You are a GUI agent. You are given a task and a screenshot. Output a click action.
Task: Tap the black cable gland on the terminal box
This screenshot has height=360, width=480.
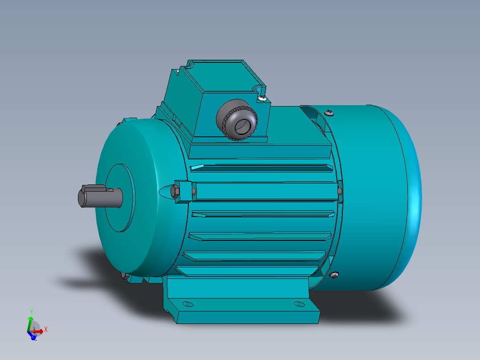(x=237, y=119)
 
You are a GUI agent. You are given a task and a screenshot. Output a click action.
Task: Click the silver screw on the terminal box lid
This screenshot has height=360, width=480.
(x=262, y=97)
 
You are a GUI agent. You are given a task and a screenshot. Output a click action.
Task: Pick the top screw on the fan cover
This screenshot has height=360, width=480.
(x=329, y=113)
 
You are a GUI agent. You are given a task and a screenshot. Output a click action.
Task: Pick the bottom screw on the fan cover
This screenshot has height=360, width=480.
(x=334, y=275)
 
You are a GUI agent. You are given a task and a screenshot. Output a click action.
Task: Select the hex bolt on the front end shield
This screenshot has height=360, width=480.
(x=175, y=192)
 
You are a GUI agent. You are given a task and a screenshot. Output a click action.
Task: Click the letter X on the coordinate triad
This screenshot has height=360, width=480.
(x=46, y=329)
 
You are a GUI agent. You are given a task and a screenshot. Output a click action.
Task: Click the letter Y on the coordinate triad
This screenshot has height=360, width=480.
(x=31, y=311)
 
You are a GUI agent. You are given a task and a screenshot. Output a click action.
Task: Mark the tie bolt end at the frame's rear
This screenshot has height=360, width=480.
(x=340, y=191)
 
